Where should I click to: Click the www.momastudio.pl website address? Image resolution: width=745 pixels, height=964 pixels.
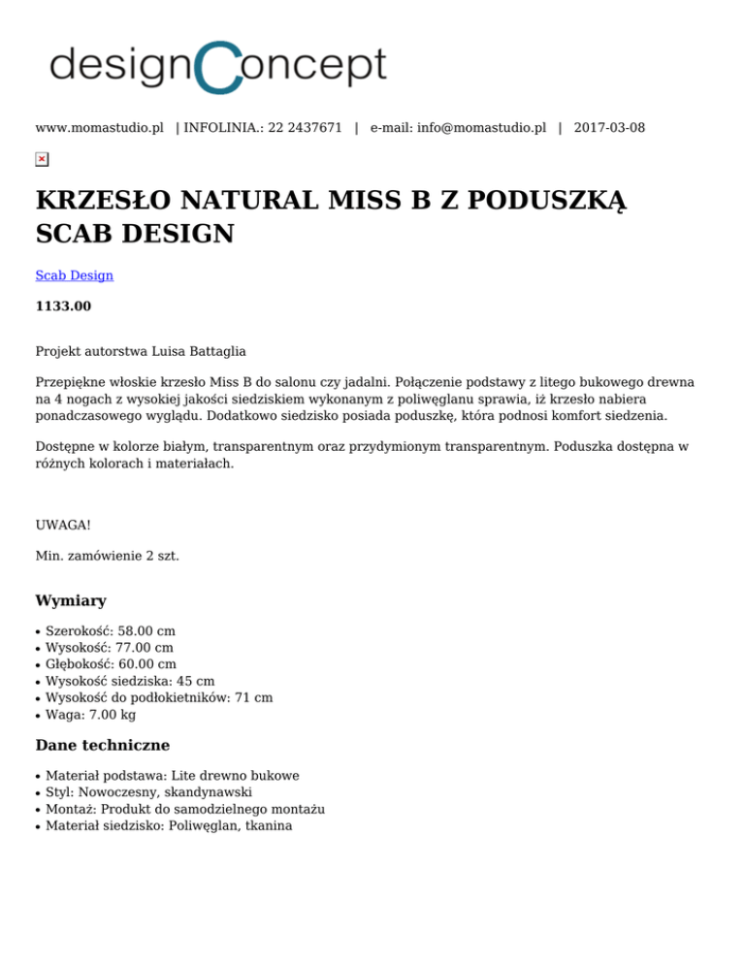pyautogui.click(x=99, y=128)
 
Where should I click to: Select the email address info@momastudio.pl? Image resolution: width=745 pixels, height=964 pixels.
pyautogui.click(x=481, y=128)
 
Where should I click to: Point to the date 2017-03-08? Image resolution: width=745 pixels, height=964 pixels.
pyautogui.click(x=609, y=128)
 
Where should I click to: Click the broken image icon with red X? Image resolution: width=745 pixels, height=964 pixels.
pyautogui.click(x=42, y=159)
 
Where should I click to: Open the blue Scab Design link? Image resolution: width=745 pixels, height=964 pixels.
pyautogui.click(x=74, y=275)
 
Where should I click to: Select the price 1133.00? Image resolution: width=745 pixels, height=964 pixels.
pyautogui.click(x=63, y=306)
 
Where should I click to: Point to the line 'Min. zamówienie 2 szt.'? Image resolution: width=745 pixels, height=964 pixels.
pyautogui.click(x=107, y=557)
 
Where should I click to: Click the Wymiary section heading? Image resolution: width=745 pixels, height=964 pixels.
pyautogui.click(x=71, y=601)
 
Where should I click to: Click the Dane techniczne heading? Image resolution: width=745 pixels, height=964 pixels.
pyautogui.click(x=102, y=746)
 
